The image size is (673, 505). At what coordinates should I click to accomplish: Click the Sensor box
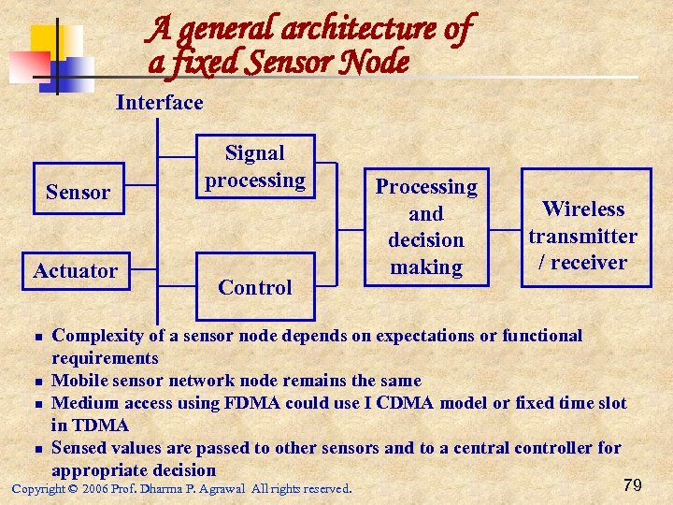pyautogui.click(x=78, y=193)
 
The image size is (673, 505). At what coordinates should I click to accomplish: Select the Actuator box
pyautogui.click(x=76, y=271)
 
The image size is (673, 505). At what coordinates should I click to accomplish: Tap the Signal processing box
pyautogui.click(x=255, y=166)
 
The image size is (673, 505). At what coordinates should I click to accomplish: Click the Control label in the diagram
pyautogui.click(x=255, y=288)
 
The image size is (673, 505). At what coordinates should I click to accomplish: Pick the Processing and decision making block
pyautogui.click(x=426, y=227)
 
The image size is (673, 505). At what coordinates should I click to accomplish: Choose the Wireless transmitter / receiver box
pyautogui.click(x=585, y=236)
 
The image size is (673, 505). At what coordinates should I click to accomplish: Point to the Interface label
pyautogui.click(x=159, y=102)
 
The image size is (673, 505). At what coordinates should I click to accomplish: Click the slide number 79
pyautogui.click(x=632, y=484)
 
